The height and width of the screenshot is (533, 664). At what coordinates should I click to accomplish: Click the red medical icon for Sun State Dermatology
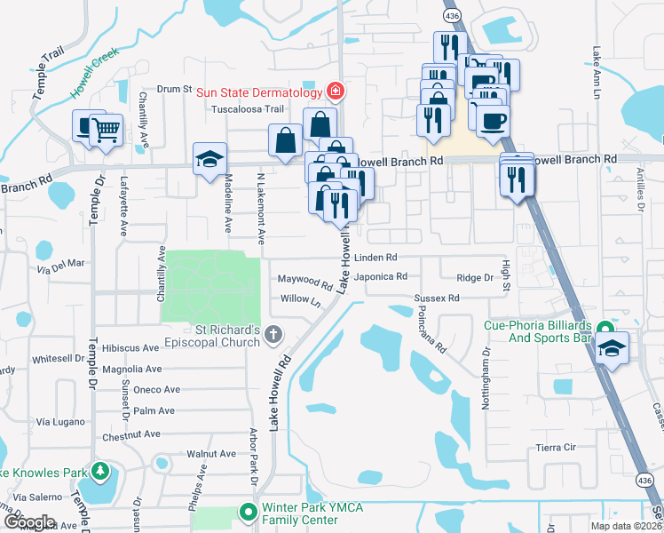tap(336, 91)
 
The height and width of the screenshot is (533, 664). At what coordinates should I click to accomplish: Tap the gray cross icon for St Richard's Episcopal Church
tap(273, 335)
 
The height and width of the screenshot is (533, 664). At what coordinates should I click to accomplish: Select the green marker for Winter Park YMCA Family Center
tap(249, 512)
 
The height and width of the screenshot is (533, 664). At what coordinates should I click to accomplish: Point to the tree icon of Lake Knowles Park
tap(102, 470)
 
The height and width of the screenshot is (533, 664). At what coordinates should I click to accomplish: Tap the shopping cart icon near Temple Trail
tap(107, 131)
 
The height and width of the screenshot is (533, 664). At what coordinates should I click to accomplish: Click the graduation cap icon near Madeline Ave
tap(208, 158)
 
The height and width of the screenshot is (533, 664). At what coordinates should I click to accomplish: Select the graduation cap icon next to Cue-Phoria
tap(613, 348)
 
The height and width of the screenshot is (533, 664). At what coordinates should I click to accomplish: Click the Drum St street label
tap(175, 89)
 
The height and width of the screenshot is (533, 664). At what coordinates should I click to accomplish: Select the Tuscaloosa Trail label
tap(247, 109)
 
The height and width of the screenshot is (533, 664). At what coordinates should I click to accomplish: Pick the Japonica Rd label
tap(380, 276)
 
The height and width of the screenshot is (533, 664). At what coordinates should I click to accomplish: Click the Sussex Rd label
tap(437, 298)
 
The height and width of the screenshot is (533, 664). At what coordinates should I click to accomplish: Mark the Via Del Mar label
tap(60, 264)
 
